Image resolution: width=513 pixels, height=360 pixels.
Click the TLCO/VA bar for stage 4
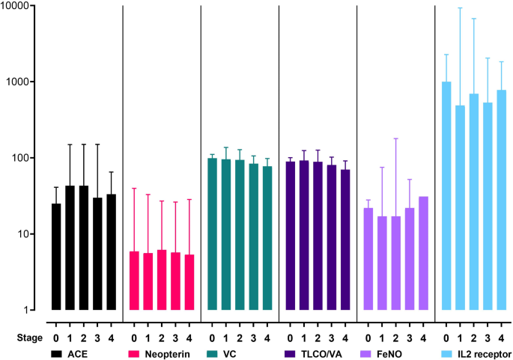point(345,240)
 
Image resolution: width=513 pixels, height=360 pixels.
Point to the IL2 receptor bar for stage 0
point(446,195)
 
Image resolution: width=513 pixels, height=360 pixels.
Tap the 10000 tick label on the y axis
point(21,6)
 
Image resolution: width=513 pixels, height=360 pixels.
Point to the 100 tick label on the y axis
point(26,158)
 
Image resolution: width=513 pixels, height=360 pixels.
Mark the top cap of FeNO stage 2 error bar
point(397,138)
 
